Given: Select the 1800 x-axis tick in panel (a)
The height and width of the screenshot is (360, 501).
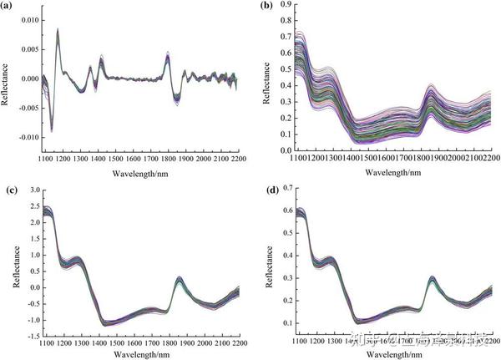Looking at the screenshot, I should point(167,158).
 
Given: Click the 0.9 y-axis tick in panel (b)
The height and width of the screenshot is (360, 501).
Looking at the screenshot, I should point(286,6).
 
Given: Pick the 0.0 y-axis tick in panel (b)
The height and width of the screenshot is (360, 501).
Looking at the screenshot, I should point(286,151).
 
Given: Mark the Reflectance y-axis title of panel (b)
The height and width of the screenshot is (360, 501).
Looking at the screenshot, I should point(266,79).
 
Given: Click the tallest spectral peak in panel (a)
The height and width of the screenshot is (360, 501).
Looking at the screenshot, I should point(58,30).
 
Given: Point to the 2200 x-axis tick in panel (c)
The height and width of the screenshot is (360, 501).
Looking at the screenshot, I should point(236,342).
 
